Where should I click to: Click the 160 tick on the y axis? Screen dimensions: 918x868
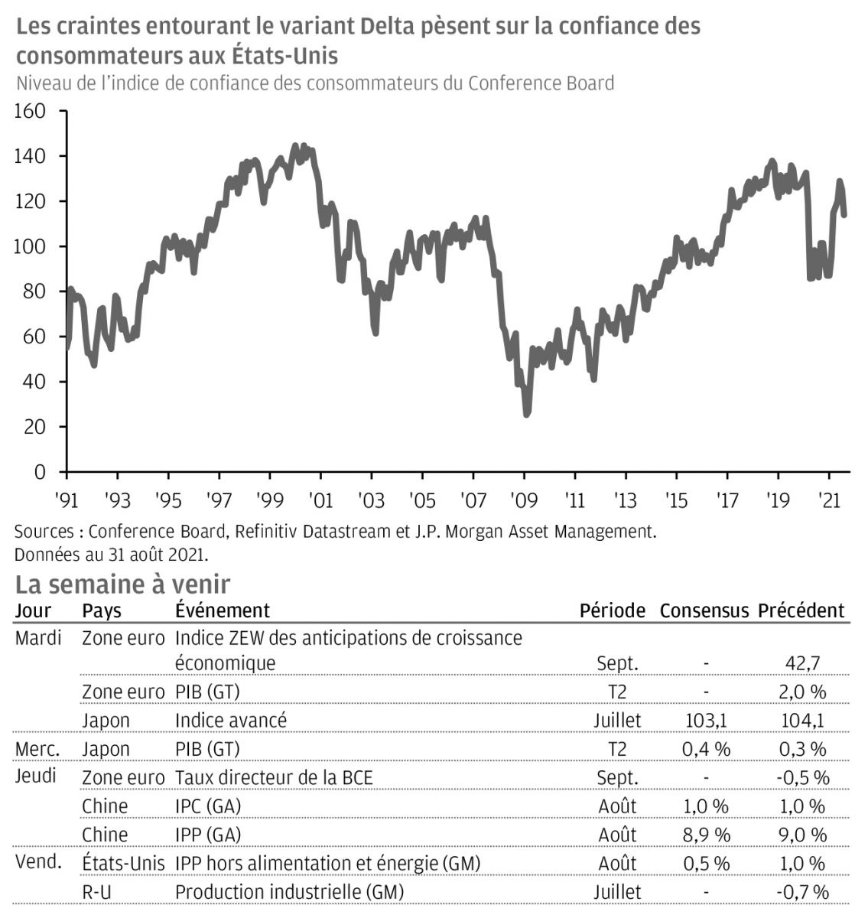pos(31,112)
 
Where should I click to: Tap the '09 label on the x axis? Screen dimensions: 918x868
pos(524,500)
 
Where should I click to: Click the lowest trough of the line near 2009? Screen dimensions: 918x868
pos(526,415)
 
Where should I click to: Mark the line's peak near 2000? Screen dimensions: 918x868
pos(296,145)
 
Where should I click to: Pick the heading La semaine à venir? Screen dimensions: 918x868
pos(122,584)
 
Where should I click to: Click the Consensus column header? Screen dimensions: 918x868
pos(704,610)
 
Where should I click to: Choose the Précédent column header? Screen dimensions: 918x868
pos(801,610)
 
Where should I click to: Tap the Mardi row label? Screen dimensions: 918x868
pos(38,638)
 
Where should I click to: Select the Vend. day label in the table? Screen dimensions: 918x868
pos(39,863)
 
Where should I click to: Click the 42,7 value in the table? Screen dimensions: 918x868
pos(804,663)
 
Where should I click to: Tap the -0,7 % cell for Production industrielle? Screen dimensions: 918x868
pos(802,892)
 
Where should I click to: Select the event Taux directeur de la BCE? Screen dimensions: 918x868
pos(274,778)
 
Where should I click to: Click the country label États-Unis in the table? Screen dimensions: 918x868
pos(123,864)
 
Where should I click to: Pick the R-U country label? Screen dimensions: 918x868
pos(99,892)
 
